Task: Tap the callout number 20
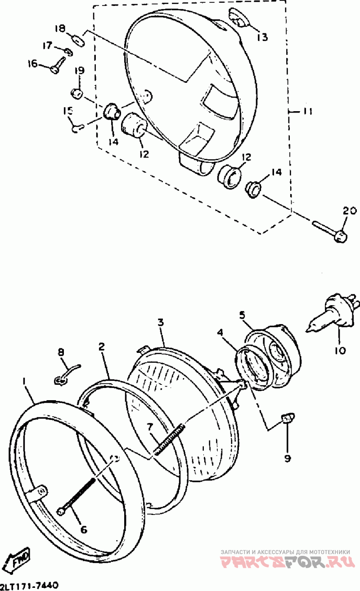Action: (x=350, y=212)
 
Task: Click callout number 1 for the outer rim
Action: (x=24, y=381)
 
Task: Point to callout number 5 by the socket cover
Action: (x=242, y=315)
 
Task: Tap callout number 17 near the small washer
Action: (x=47, y=45)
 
